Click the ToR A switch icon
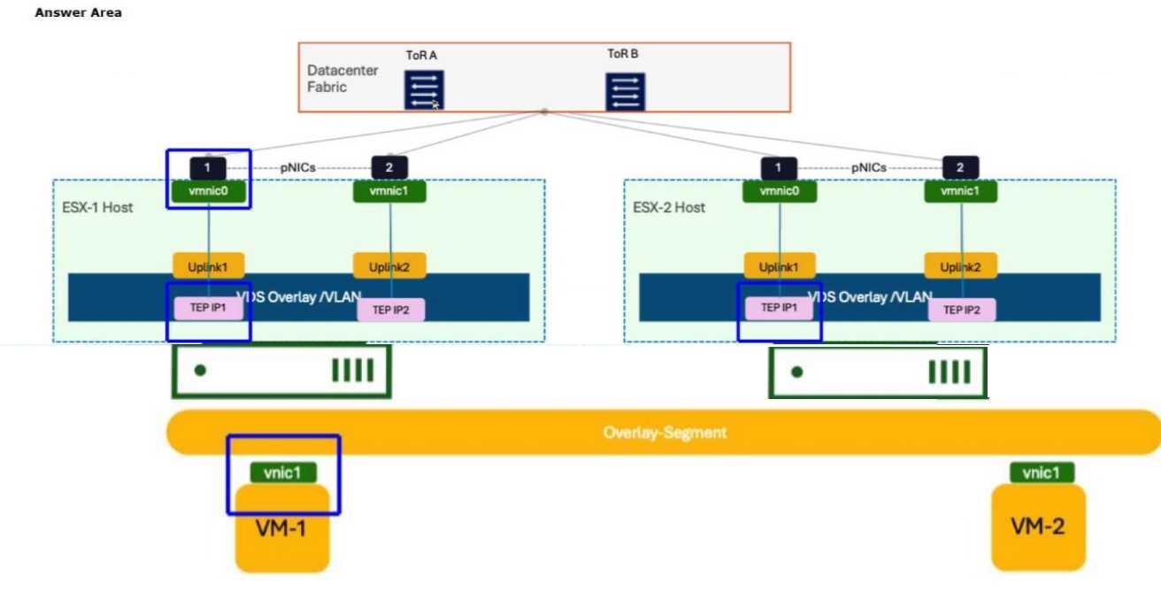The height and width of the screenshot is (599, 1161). pos(424,90)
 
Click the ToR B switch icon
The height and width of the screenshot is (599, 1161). pos(625,92)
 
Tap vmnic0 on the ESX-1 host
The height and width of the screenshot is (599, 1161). pos(208,191)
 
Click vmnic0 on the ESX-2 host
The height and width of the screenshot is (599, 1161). pos(779,191)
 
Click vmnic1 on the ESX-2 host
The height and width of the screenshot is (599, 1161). pos(960,191)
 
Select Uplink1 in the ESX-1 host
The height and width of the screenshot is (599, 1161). pos(208,266)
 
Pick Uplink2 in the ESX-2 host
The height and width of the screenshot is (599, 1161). pos(960,266)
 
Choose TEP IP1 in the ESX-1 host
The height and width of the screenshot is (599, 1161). pos(208,308)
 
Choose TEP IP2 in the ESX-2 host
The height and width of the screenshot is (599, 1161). pos(961,310)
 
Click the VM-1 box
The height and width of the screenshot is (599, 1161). pos(281,529)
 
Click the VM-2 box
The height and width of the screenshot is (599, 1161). pos(1038,528)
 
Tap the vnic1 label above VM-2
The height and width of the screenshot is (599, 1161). pos(1042,472)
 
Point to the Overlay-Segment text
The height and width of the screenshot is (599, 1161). pos(665,433)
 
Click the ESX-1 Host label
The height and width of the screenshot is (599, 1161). pos(98,207)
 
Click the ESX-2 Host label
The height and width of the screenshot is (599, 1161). pos(669,207)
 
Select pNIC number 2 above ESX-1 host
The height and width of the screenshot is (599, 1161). pos(389,167)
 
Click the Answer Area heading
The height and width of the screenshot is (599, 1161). pos(78,12)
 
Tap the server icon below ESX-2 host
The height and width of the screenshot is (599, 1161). pos(878,372)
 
